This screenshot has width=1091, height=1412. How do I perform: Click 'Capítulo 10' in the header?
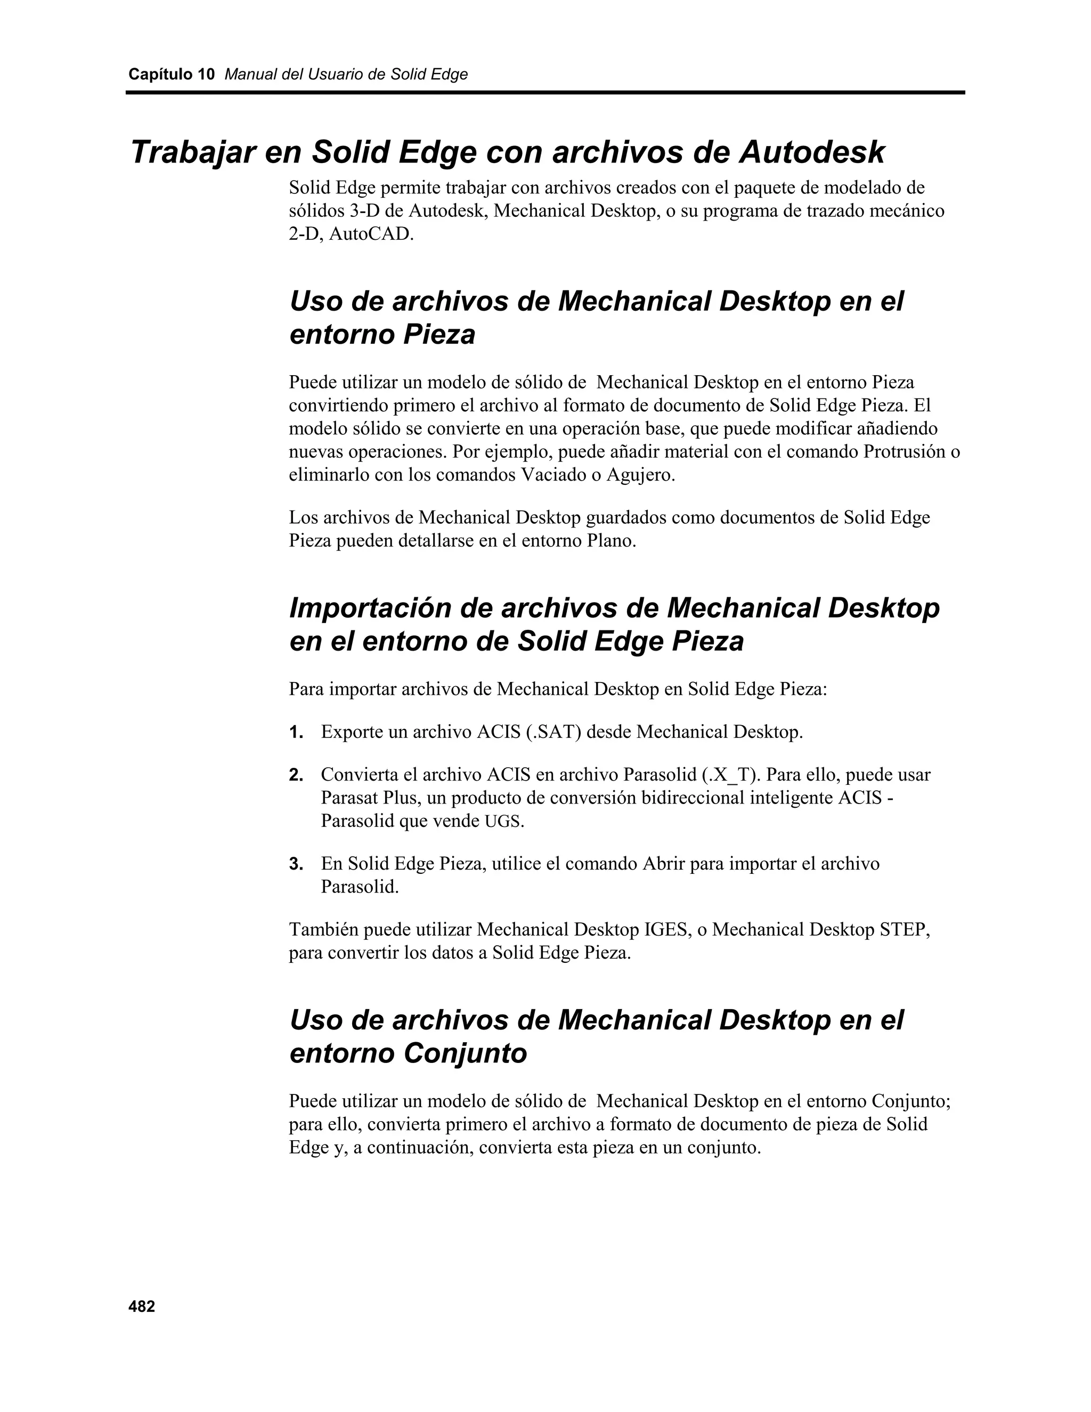click(x=172, y=75)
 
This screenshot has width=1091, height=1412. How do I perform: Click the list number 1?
click(x=296, y=733)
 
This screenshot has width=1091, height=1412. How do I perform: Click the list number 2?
click(x=296, y=775)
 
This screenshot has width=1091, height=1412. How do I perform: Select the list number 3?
click(x=296, y=864)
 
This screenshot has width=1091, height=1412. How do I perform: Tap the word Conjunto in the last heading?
click(x=465, y=1053)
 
